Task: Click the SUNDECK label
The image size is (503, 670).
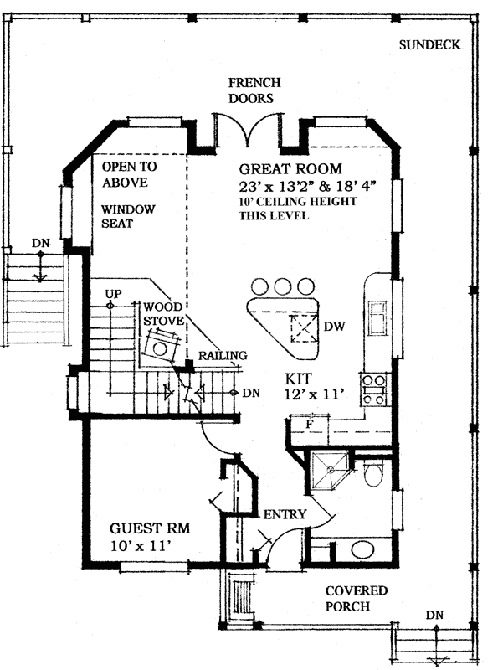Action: pyautogui.click(x=429, y=45)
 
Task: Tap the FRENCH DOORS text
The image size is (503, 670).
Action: pyautogui.click(x=254, y=90)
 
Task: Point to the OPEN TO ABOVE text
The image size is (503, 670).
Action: pyautogui.click(x=130, y=173)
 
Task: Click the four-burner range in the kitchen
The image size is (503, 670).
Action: pyautogui.click(x=372, y=388)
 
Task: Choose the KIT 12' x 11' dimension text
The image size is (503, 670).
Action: pyautogui.click(x=314, y=386)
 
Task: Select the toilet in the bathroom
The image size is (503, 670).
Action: pyautogui.click(x=374, y=474)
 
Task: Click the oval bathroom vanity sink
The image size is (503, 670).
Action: pyautogui.click(x=362, y=550)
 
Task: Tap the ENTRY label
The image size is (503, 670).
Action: pyautogui.click(x=285, y=514)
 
